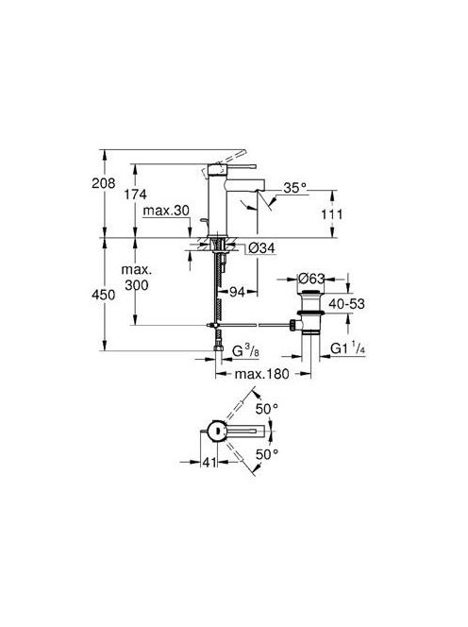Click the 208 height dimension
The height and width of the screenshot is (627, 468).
coord(104,183)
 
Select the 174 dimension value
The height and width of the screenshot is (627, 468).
coord(135,195)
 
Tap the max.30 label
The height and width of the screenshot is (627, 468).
coord(166,211)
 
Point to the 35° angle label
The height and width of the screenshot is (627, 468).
coord(295,188)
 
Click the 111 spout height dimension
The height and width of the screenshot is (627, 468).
coord(332,214)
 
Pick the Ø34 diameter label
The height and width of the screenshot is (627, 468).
coord(261,248)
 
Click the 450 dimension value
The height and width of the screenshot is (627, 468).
coord(104,295)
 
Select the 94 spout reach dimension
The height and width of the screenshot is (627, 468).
coord(237,293)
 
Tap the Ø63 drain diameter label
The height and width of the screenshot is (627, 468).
coord(311,279)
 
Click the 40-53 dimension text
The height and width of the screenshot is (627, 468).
coord(346,304)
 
